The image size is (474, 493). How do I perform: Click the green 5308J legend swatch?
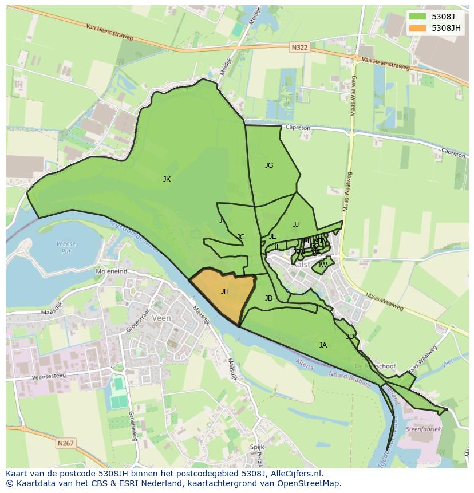(418, 17)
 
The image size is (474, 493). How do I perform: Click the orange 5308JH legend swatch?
(418, 28)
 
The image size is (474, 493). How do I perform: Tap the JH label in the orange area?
(225, 291)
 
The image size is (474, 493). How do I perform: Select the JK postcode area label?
(167, 179)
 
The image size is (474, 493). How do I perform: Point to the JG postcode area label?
(269, 165)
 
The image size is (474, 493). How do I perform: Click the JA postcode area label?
(323, 345)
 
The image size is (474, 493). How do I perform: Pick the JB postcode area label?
(268, 298)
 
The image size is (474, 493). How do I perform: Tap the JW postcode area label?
(322, 265)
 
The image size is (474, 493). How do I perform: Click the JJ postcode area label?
(296, 224)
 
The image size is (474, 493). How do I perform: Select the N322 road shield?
(299, 49)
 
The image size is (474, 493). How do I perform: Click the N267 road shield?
(65, 443)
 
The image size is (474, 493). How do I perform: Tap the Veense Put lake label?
(66, 247)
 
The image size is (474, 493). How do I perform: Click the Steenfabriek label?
(424, 428)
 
